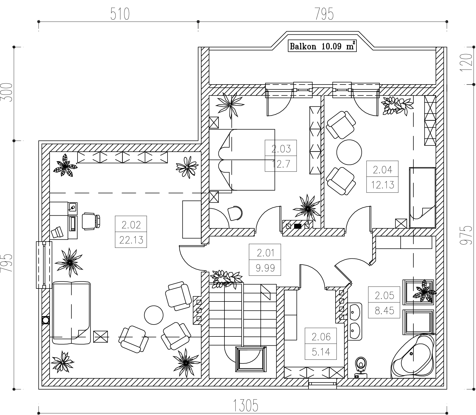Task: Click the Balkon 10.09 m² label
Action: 322,46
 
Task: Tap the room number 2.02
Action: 131,225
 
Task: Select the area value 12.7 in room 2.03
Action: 281,164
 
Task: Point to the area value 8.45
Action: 384,310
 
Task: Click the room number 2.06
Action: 321,337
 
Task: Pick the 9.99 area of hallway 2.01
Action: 265,268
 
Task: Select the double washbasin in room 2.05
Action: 355,322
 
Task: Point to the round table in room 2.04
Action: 349,152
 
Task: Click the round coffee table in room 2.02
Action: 154,315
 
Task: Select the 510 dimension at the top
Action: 120,14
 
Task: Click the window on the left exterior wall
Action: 44,265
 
